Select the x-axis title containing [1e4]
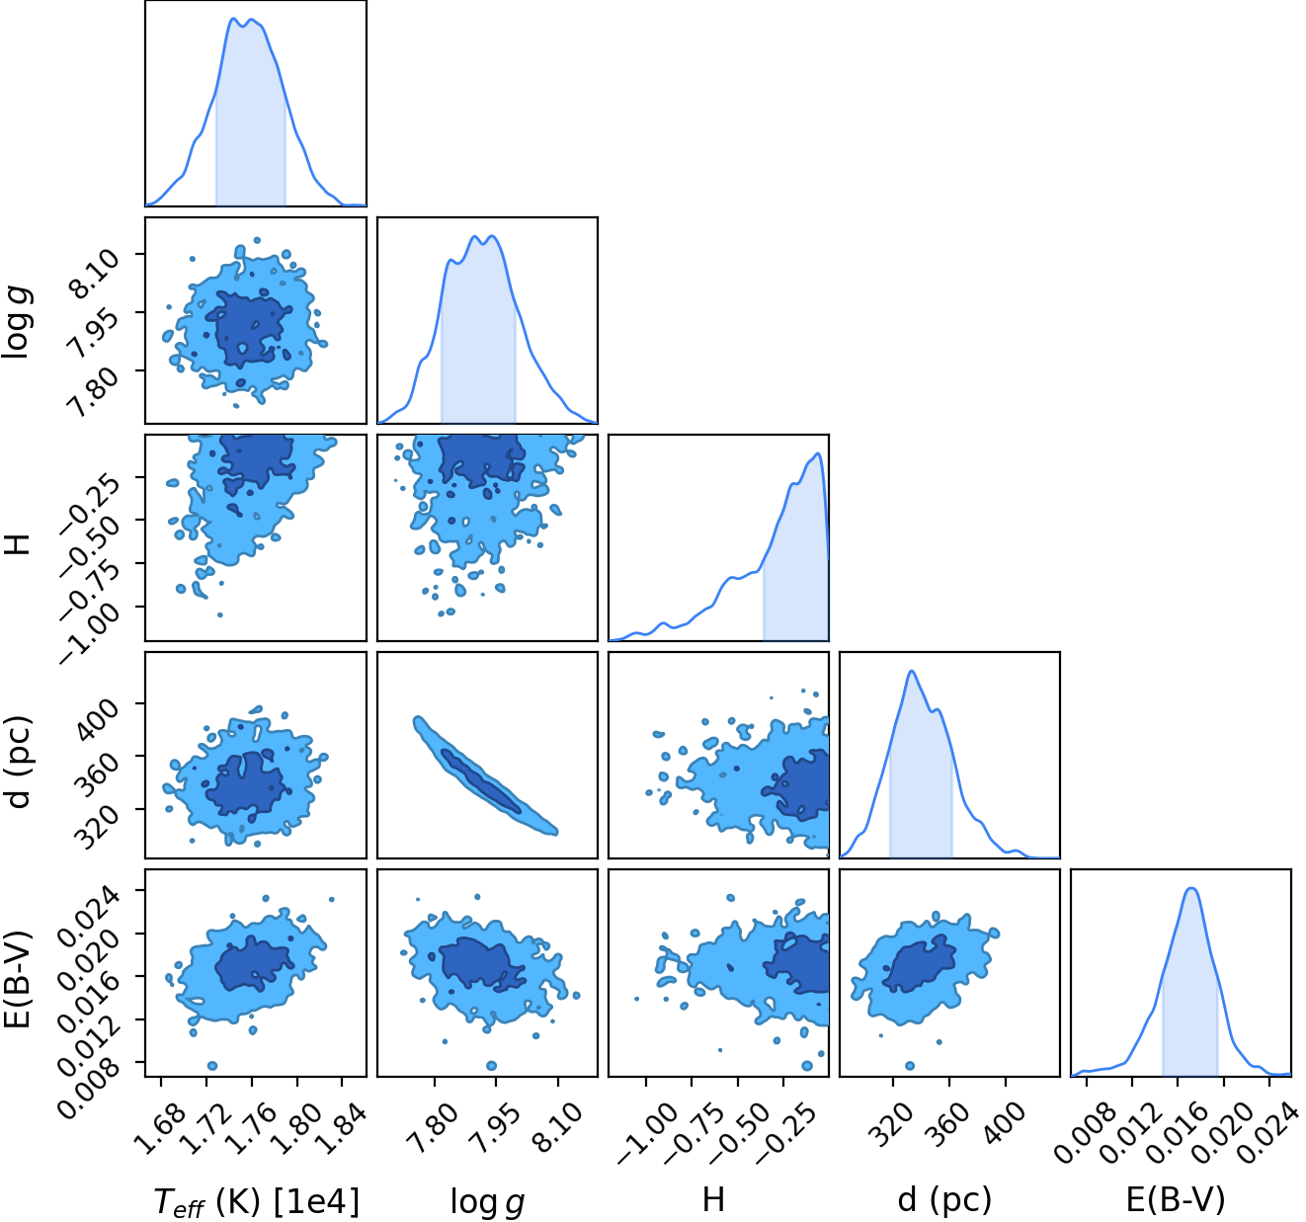coord(257,1201)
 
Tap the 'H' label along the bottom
coord(713,1200)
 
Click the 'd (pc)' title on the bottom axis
coord(945,1201)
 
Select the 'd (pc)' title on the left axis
coord(19,761)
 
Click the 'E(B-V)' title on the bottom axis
coord(1176,1201)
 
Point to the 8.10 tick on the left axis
coord(96,272)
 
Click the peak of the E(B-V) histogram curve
coord(1191,888)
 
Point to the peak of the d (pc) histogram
coord(912,671)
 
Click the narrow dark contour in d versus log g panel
coord(481,781)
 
